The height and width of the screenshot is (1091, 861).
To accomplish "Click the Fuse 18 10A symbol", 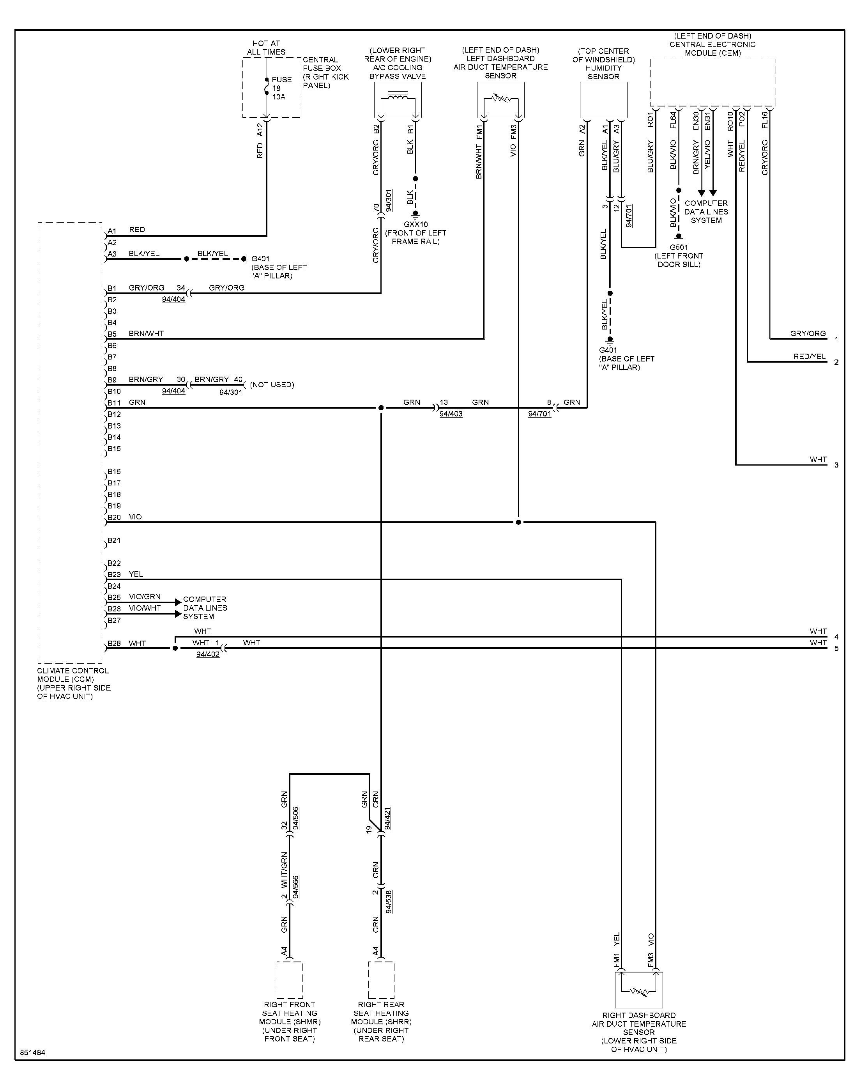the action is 267,86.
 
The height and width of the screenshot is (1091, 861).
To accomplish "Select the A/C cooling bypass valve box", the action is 398,100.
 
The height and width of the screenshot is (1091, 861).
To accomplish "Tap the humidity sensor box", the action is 603,100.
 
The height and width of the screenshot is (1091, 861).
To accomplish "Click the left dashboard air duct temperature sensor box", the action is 500,100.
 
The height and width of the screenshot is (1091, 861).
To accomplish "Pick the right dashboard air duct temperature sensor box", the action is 639,989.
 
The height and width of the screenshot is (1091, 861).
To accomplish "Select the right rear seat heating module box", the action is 381,980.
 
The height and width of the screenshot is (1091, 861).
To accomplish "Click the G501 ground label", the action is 679,248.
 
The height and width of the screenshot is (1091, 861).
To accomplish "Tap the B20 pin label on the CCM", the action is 114,517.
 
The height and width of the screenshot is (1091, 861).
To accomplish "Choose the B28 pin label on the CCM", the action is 114,643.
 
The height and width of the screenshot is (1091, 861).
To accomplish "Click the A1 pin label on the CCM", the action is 112,231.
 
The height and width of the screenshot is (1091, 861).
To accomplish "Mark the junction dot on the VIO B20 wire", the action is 518,522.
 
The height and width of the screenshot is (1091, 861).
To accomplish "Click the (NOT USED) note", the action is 272,385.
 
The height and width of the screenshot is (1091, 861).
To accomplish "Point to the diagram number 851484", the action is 33,1053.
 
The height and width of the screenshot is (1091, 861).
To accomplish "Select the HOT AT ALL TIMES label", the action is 266,48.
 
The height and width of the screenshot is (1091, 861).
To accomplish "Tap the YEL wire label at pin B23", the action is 136,574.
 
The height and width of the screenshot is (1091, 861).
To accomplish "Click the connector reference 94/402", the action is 208,654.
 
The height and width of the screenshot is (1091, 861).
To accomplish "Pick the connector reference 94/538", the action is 389,902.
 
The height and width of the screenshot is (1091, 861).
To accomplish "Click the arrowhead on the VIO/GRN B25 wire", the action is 178,602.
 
